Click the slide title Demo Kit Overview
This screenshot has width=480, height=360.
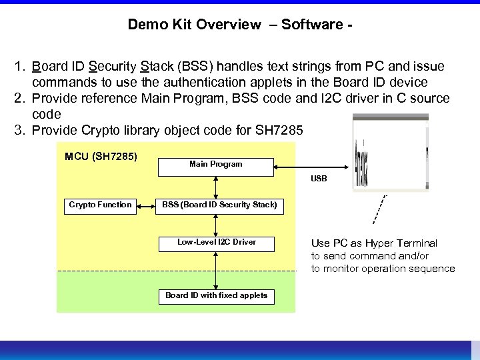pos(240,25)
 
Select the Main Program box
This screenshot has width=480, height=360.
pos(215,165)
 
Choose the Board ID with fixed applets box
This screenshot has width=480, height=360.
pos(216,296)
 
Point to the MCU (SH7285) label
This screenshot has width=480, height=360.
pos(101,157)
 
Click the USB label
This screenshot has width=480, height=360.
pos(319,179)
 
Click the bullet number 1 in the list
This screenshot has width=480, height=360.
pos(20,67)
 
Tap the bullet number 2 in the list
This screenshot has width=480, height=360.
pos(20,99)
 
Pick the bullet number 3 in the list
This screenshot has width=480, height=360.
pos(20,131)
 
